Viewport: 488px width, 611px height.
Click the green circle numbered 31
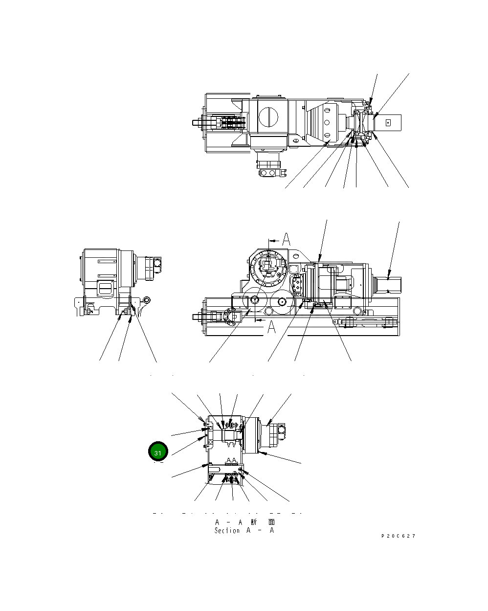click(x=158, y=453)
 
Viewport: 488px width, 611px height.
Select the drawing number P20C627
click(x=398, y=536)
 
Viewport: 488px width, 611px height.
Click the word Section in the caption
click(x=227, y=530)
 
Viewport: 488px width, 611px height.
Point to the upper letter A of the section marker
click(x=286, y=239)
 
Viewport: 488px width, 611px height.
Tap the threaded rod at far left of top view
click(x=198, y=122)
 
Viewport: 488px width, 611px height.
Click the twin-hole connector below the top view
click(x=269, y=173)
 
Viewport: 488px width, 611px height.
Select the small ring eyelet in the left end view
click(x=148, y=300)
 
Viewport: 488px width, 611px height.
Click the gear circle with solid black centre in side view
click(x=283, y=302)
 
